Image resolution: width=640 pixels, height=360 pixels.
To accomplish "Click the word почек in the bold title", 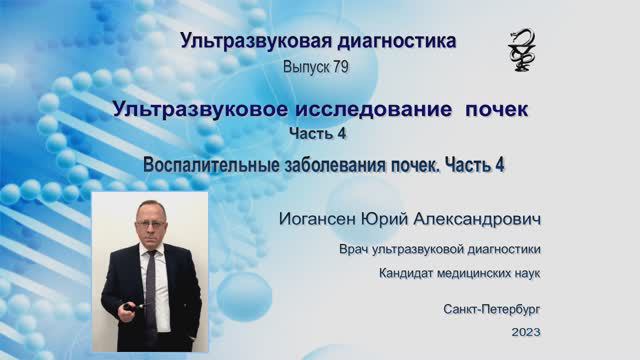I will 494,108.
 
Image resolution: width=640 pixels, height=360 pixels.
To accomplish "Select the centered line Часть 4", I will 319,133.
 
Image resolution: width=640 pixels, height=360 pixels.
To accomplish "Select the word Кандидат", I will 408,272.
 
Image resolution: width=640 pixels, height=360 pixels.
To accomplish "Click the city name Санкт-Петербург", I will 493,310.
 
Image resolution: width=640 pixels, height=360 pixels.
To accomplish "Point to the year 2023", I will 525,332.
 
